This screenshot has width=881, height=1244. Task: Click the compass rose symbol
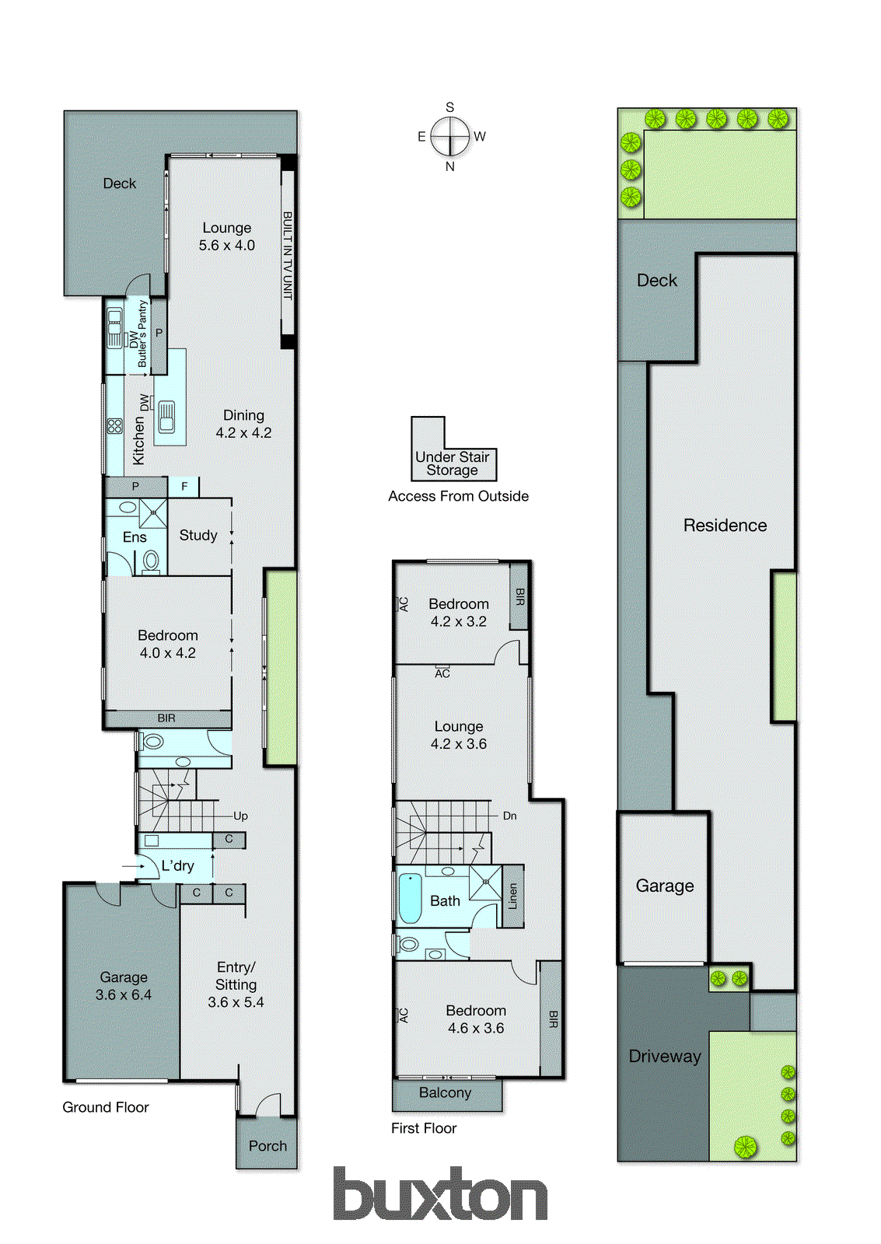coord(450,137)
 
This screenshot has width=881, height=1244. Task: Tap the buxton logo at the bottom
coord(440,1195)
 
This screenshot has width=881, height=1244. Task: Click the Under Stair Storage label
coord(453,463)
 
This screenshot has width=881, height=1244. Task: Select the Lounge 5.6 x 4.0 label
coord(226,236)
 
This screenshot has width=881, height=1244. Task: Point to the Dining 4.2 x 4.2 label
coord(243,424)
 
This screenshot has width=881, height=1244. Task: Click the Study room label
coord(198,535)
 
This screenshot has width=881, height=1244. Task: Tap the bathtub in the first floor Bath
coord(410,899)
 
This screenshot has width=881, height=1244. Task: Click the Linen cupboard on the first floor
coord(512,896)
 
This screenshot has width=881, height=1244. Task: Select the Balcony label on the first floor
coord(445,1092)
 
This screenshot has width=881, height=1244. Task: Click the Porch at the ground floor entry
coord(267,1145)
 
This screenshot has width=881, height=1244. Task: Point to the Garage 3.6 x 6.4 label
coord(123,986)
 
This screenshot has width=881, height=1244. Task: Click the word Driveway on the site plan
coord(664,1056)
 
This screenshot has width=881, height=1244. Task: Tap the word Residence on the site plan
coord(725,526)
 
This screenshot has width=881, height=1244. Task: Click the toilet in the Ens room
coord(152,561)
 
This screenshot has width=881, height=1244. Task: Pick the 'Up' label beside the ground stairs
coord(240,816)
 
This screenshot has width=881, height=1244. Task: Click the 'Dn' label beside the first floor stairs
coord(509,816)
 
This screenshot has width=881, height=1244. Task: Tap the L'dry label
coord(177,865)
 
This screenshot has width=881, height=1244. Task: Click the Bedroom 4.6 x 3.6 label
coord(475,1019)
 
